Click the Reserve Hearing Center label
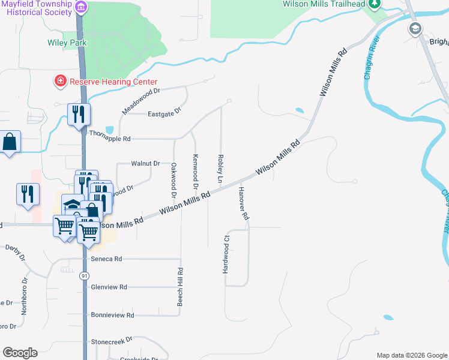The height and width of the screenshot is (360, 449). (113, 82)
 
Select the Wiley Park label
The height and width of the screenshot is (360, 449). (67, 43)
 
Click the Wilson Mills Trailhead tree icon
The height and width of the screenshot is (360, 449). (375, 4)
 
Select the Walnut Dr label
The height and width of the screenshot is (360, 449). (145, 163)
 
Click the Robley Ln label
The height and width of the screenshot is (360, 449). (220, 169)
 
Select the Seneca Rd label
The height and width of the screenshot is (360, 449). (106, 259)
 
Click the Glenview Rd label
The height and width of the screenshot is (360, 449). (109, 287)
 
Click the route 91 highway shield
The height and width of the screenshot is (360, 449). (85, 275)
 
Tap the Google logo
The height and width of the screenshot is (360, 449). (20, 353)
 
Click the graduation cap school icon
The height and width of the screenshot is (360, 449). (415, 28)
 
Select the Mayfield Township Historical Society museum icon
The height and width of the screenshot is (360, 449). (82, 7)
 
